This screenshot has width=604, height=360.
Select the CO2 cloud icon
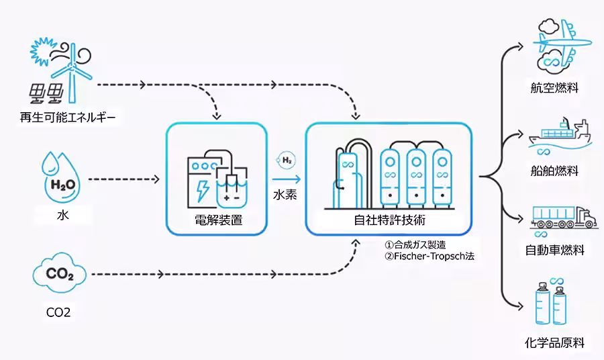click(60, 275)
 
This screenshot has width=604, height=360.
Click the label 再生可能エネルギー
click(68, 120)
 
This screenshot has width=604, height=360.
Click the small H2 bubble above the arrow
click(287, 161)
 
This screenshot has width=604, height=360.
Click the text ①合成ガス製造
click(416, 244)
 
